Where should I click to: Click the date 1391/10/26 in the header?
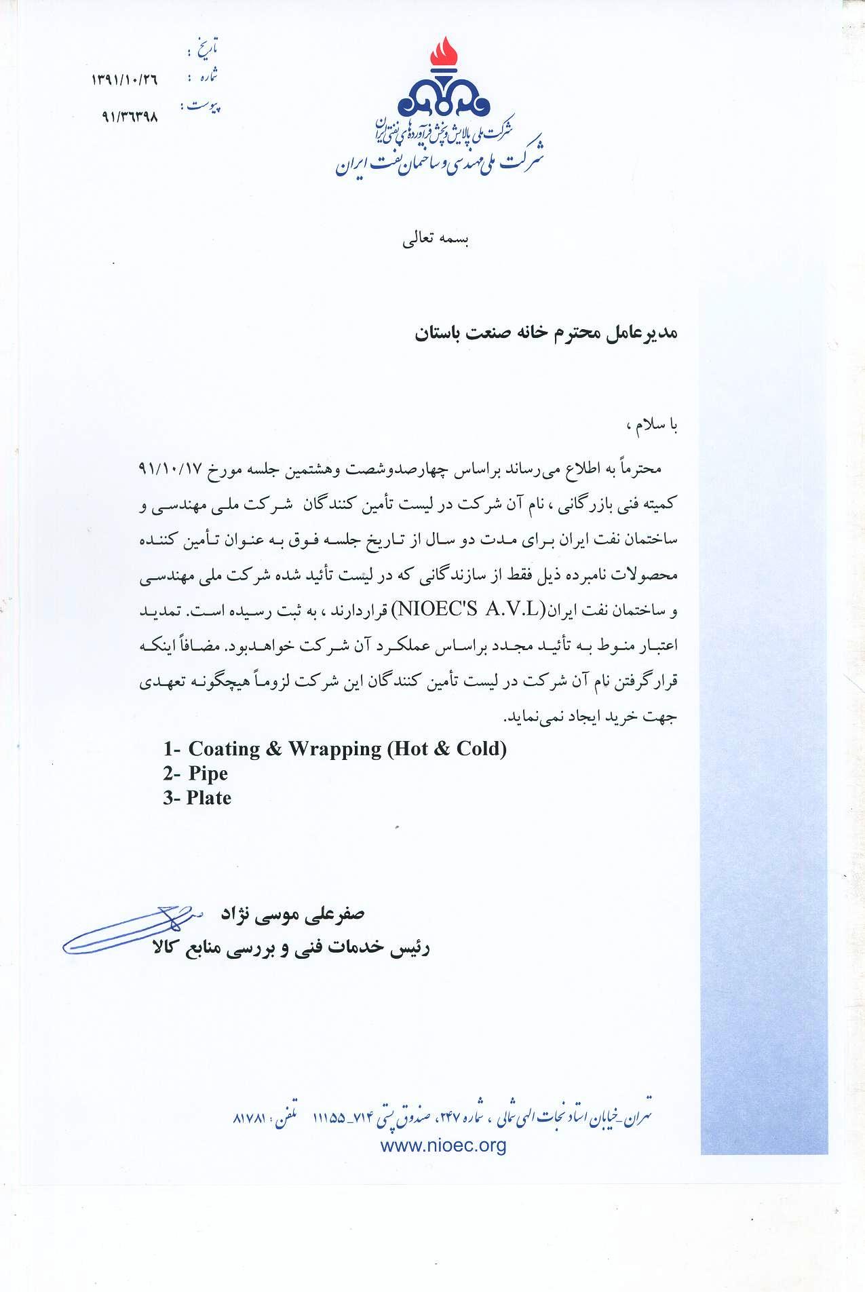(x=124, y=80)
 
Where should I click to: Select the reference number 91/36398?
(x=129, y=116)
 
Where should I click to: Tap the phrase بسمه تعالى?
(x=436, y=240)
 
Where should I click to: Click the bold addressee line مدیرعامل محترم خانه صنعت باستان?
(x=547, y=333)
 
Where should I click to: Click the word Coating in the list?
(x=224, y=748)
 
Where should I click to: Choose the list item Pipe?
(x=208, y=774)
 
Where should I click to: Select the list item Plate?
(x=209, y=798)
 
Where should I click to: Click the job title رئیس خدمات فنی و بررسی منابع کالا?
(x=292, y=948)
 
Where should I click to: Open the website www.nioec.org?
(x=444, y=1146)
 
